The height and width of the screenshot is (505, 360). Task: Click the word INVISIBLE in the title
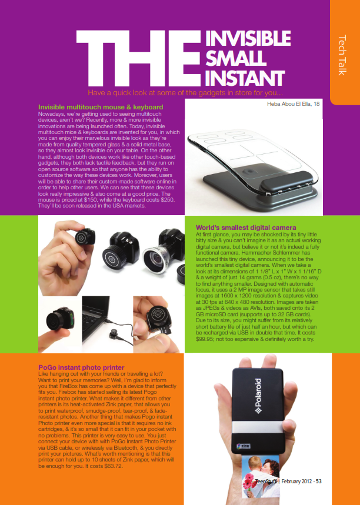[x=248, y=39]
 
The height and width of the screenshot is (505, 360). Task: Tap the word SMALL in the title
[x=236, y=58]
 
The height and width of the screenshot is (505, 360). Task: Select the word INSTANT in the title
[x=245, y=78]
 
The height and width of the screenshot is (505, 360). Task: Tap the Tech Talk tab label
[x=342, y=55]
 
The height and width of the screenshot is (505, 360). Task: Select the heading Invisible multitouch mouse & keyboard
[x=101, y=107]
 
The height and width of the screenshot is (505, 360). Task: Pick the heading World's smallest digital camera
[x=246, y=228]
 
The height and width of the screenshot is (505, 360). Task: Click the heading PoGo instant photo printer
[x=81, y=367]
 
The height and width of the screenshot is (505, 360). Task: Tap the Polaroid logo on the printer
[x=258, y=396]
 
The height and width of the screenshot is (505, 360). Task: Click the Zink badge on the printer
[x=244, y=446]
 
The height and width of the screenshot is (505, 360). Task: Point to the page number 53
[x=318, y=481]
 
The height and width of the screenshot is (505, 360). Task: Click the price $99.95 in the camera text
[x=204, y=339]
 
